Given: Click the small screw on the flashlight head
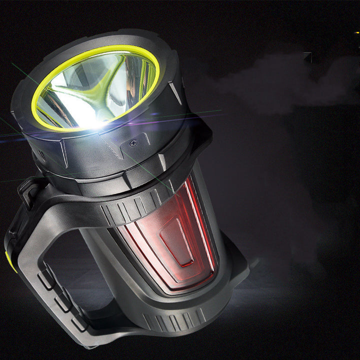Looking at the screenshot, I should pyautogui.click(x=132, y=143).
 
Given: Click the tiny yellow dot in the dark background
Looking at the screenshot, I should pyautogui.click(x=356, y=33).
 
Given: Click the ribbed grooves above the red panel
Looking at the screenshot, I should pyautogui.click(x=135, y=205).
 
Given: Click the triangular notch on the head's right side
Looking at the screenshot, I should pyautogui.click(x=175, y=93).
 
